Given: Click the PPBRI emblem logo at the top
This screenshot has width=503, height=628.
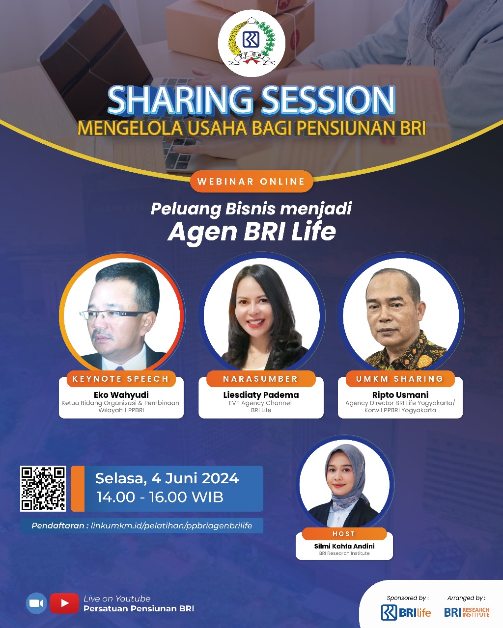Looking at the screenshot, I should point(251,43).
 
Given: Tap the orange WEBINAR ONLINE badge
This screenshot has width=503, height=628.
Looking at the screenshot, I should point(251,182).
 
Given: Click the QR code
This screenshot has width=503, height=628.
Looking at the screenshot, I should point(43,489).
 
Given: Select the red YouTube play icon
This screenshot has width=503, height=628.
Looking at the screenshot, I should point(64,603).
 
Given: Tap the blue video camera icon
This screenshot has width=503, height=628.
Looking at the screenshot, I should point(36,603).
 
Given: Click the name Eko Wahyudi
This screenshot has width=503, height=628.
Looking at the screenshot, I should point(121,394).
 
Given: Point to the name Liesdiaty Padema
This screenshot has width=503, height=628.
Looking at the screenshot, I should point(261,394).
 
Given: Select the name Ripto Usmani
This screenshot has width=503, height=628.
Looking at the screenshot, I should point(400,394).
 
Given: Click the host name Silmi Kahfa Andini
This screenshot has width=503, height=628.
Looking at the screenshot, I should point(344,546).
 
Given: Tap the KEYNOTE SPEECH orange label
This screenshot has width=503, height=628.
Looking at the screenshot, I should point(121,379).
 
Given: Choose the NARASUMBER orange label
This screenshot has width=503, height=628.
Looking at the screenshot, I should point(260,379).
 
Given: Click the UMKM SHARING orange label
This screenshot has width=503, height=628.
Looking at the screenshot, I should point(399,379).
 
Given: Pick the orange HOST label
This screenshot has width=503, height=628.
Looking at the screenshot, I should point(344,534).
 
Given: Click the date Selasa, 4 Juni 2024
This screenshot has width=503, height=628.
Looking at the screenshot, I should point(167,478).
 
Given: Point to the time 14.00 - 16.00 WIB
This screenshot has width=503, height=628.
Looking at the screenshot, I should point(160,497).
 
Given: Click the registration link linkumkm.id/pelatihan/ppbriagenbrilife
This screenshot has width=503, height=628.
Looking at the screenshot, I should point(171,525).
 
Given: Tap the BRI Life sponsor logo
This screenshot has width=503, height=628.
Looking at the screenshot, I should point(406,612).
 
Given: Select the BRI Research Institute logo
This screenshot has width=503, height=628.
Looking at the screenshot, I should point(466,612).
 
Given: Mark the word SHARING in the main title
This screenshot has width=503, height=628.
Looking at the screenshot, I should point(180,101).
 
